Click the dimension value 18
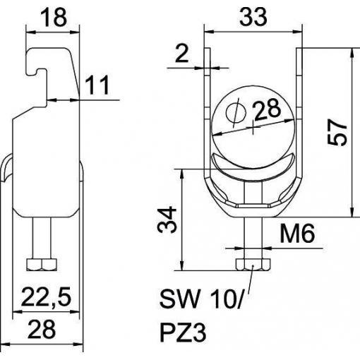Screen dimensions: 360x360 point(54,18)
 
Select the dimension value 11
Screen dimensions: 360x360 point(97,85)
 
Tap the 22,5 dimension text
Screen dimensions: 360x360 point(46,297)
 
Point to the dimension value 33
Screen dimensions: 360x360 point(253,17)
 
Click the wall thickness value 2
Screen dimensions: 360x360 point(182,54)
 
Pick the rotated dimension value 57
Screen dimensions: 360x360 point(337,132)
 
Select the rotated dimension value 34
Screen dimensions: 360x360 point(167,220)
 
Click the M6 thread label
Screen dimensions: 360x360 point(297,234)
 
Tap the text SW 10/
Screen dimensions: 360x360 point(200,299)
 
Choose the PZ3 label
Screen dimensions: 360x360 point(183,333)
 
